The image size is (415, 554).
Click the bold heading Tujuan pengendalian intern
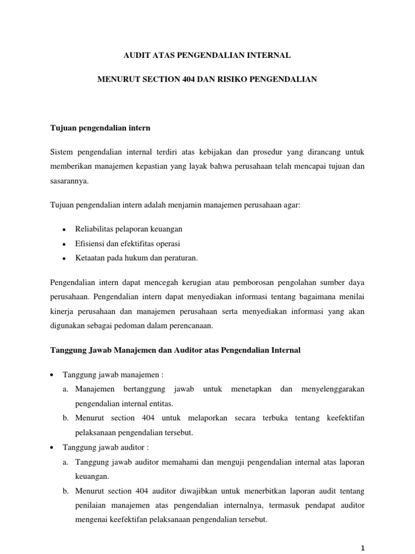click(x=100, y=128)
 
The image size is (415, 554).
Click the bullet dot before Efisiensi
click(x=64, y=245)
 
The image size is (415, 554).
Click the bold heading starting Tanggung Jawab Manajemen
click(x=175, y=350)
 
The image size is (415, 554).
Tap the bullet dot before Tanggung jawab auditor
click(x=51, y=449)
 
